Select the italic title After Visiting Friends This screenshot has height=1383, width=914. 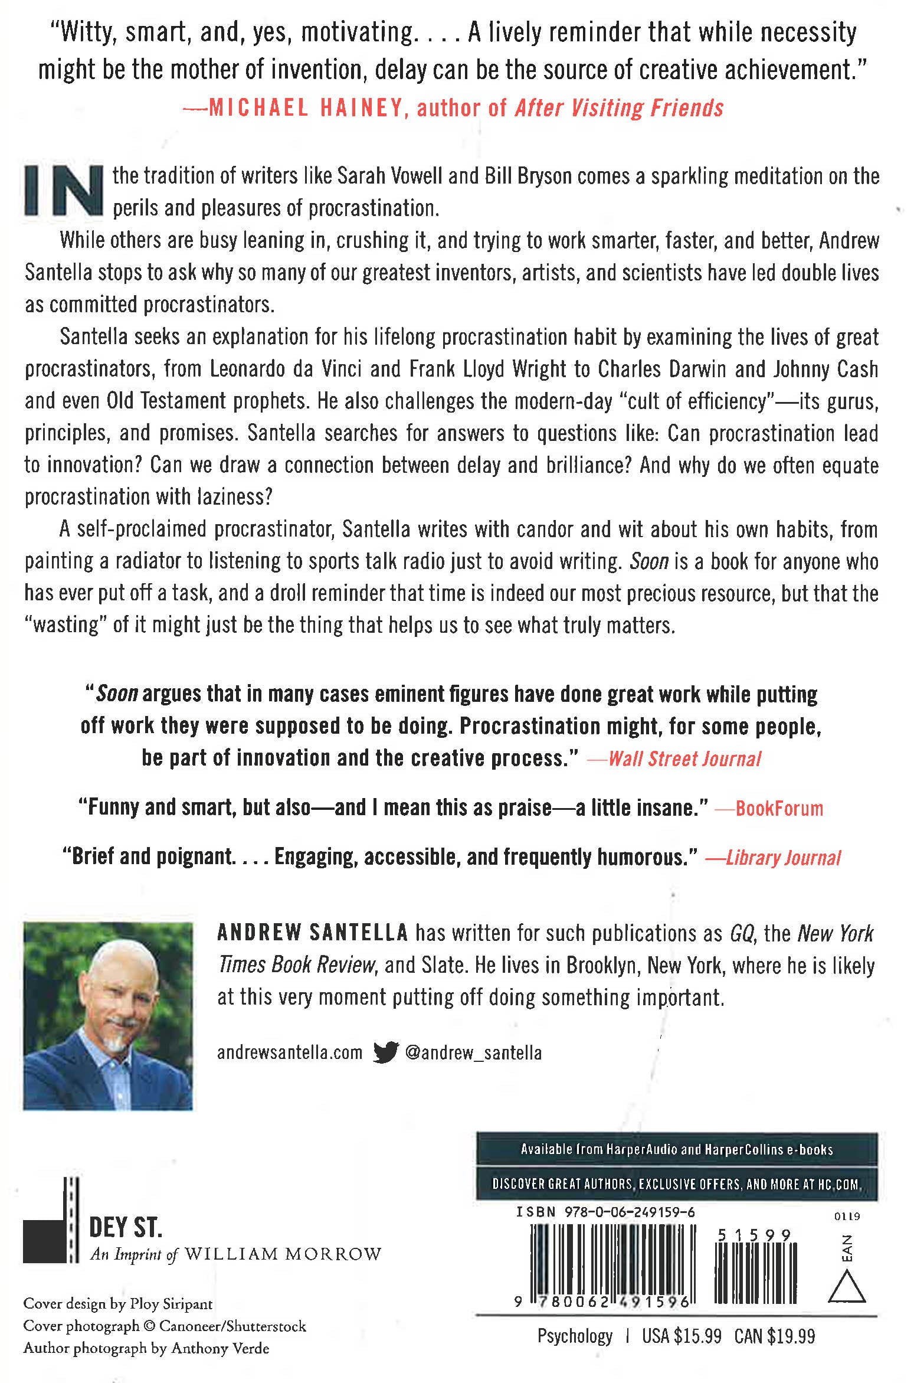tap(619, 108)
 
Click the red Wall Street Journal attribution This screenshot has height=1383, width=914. tap(684, 758)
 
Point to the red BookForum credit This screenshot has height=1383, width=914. tap(779, 808)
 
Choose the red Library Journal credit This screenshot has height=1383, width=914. tap(783, 857)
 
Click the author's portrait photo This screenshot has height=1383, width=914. tap(108, 1016)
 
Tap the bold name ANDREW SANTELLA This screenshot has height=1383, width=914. tap(313, 933)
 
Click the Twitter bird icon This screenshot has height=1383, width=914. tap(386, 1052)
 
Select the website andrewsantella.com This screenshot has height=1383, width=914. tap(289, 1052)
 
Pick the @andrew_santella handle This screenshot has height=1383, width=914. tap(473, 1052)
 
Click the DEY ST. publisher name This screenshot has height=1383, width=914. tap(125, 1228)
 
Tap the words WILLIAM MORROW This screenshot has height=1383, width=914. tap(283, 1254)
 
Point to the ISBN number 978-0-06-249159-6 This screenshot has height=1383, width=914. tap(630, 1212)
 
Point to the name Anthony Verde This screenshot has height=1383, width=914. tap(220, 1348)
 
